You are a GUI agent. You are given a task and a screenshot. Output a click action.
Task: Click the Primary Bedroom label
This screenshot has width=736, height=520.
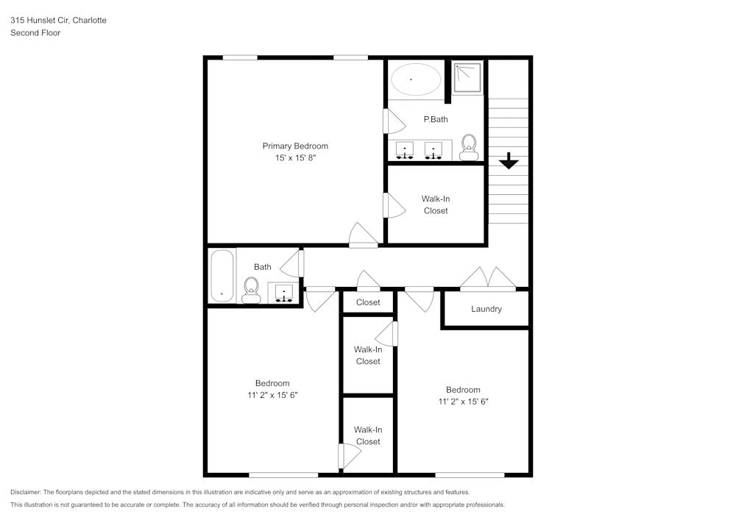tap(295, 146)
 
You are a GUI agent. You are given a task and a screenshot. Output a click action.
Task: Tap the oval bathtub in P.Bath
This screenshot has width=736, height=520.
tap(415, 79)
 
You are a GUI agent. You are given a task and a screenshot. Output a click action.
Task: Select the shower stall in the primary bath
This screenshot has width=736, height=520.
tap(467, 77)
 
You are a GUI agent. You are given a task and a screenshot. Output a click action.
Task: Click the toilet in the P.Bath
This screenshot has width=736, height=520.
tap(468, 147)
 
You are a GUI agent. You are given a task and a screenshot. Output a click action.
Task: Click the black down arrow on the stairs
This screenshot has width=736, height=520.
tap(509, 160)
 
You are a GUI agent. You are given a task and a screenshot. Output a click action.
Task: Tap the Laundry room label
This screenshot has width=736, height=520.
tap(486, 309)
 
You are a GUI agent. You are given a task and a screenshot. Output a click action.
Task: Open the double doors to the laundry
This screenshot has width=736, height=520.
tap(487, 278)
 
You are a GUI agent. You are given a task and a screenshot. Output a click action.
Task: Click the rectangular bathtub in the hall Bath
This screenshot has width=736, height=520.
tap(222, 276)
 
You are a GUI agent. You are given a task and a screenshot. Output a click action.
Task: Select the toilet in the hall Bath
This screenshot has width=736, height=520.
tap(251, 289)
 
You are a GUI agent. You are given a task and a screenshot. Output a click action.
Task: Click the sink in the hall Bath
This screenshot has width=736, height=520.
tap(284, 293)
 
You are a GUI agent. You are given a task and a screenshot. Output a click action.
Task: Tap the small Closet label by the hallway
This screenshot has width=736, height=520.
tap(368, 302)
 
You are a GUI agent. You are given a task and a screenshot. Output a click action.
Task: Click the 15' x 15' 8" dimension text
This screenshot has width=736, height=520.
tap(295, 157)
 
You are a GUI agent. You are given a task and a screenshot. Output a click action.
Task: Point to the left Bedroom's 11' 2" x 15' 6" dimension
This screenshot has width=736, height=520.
tap(272, 395)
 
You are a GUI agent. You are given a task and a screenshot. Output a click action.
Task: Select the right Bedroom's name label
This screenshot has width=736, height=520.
tap(463, 390)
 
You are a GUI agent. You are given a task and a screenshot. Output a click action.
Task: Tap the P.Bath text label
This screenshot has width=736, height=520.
tap(435, 119)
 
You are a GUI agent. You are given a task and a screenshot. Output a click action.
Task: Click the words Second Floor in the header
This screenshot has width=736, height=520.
tap(35, 33)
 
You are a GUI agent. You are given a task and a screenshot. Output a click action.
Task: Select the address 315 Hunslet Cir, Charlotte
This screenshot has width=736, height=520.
tap(58, 21)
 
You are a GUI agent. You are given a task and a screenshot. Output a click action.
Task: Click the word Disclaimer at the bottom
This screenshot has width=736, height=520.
tap(26, 492)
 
